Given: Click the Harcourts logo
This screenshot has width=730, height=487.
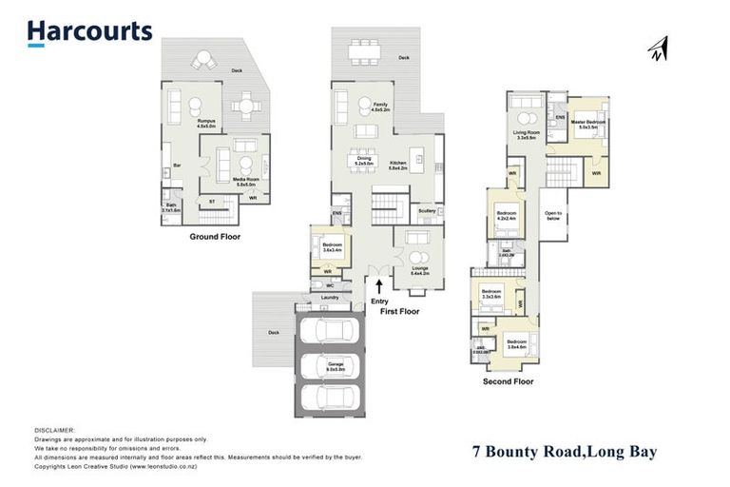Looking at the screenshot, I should tap(89, 31).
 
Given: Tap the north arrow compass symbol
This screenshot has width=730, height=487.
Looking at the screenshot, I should tap(657, 48).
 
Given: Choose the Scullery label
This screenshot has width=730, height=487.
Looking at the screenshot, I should tap(427, 211).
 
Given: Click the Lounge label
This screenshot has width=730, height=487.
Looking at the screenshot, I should tap(418, 269).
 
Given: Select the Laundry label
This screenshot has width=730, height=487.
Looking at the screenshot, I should tap(330, 298).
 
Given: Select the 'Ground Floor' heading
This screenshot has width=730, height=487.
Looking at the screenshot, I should tap(216, 237).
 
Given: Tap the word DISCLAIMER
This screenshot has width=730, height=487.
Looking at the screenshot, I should tap(54, 430).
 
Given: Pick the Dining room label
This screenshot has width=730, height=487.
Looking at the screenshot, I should tap(364, 163).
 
